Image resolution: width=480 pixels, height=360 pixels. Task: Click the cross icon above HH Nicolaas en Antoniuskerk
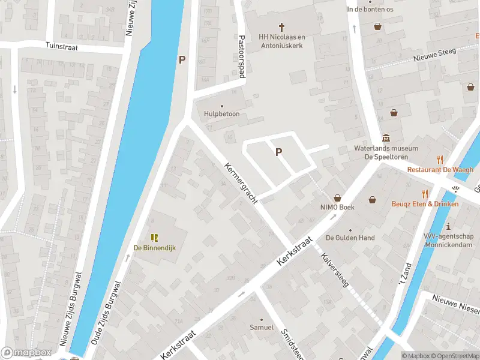281,26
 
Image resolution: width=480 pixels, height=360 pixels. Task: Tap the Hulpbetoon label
221,114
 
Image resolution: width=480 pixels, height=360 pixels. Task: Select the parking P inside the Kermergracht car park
278,152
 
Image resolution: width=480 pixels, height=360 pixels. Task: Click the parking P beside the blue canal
182,59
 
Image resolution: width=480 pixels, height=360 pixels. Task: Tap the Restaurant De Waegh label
440,169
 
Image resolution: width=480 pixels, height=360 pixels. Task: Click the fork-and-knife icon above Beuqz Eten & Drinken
425,194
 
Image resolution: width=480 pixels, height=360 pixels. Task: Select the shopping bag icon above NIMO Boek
337,198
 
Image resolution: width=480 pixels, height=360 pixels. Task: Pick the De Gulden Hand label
350,238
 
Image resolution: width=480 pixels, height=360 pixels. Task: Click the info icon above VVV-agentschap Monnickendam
449,226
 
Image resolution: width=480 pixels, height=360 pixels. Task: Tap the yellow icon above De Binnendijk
154,238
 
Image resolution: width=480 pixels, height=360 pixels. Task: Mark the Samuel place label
262,328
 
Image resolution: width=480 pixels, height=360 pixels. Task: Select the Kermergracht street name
241,184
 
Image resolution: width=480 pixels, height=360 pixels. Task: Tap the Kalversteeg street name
335,271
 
